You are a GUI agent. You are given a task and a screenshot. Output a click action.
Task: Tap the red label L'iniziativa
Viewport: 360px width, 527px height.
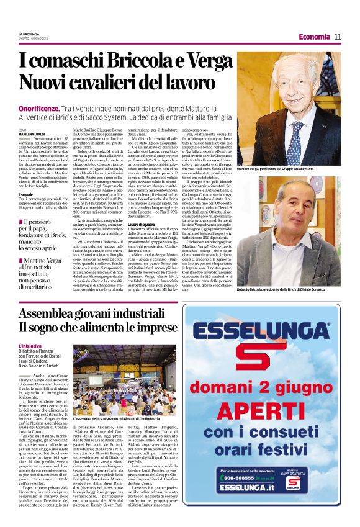[x=30, y=345]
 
